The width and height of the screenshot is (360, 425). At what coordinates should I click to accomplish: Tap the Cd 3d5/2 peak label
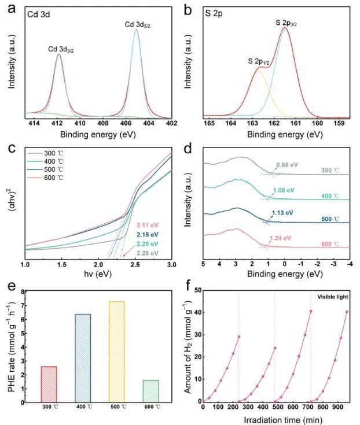[x=138, y=24]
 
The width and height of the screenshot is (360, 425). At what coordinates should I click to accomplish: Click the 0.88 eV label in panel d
[x=286, y=164]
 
